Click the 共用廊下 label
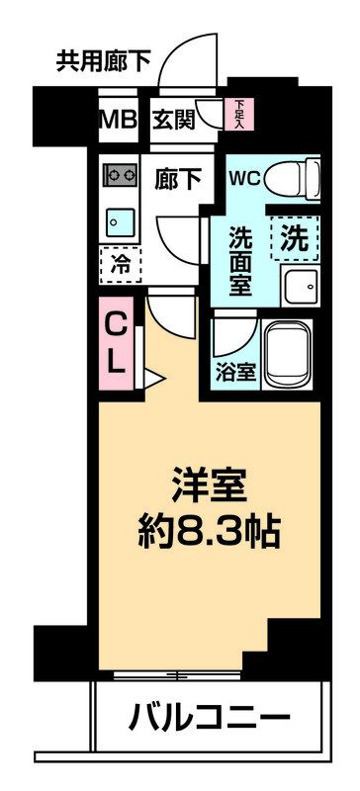tap(104, 62)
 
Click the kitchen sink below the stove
tap(120, 220)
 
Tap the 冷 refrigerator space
tap(120, 264)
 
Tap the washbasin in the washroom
tap(297, 287)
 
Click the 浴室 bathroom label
tap(235, 374)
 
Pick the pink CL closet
tap(117, 341)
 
